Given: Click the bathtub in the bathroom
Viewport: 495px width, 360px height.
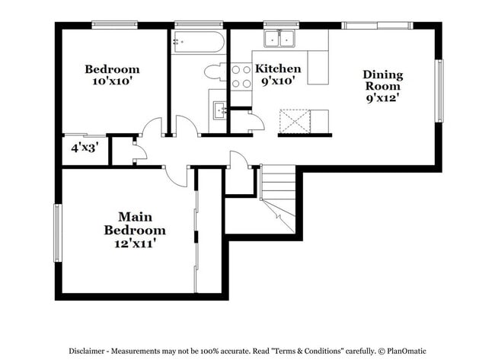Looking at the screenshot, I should (198, 43).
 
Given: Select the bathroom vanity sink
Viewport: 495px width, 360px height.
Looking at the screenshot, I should (219, 110).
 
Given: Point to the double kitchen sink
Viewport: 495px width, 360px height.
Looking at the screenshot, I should (279, 39).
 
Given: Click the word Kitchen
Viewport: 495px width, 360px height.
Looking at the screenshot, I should (277, 68).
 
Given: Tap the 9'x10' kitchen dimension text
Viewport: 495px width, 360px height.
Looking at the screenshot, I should (278, 81).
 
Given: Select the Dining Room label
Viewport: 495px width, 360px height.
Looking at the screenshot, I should (382, 81).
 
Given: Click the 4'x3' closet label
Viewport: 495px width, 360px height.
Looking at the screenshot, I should (84, 148).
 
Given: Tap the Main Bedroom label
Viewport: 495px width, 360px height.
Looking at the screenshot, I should (135, 223).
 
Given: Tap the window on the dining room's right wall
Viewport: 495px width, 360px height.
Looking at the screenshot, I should (439, 91).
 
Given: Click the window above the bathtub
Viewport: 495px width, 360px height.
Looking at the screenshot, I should (196, 25).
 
